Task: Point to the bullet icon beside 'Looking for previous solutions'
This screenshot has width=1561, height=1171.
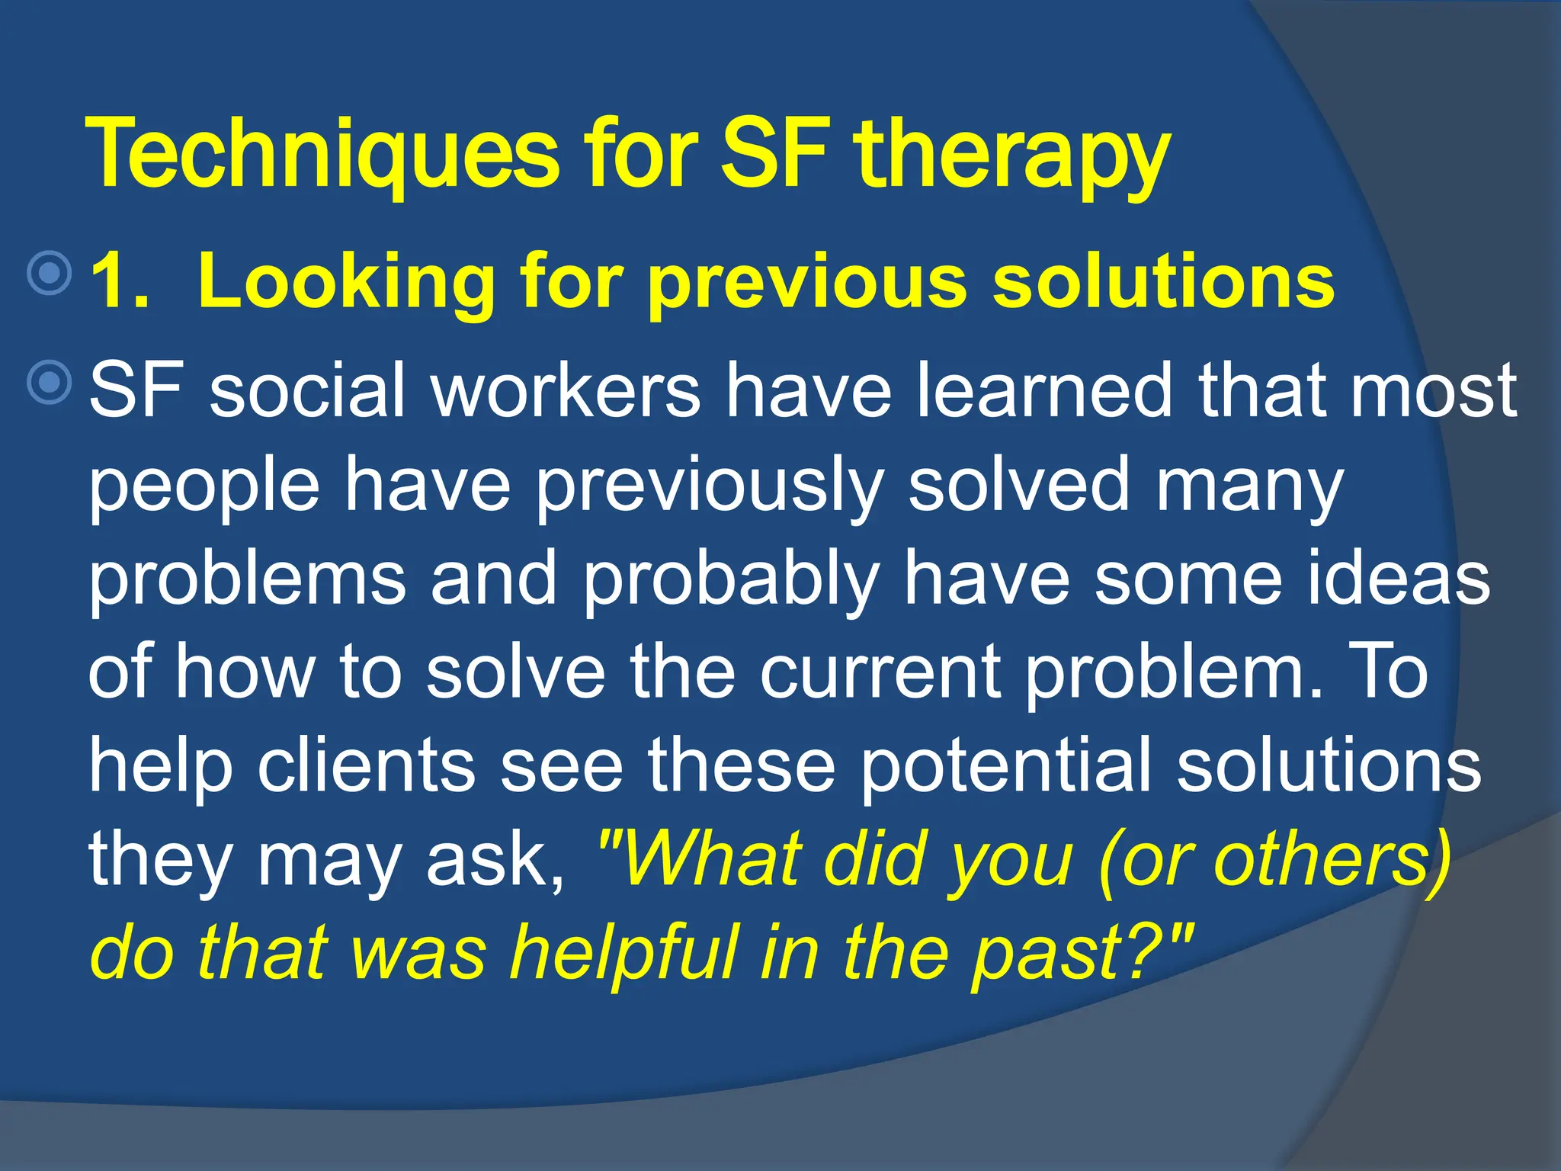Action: pyautogui.click(x=50, y=272)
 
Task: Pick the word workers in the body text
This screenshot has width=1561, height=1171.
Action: pyautogui.click(x=566, y=390)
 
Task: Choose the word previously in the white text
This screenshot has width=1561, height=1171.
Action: pyautogui.click(x=709, y=485)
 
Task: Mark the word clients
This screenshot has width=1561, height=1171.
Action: pyautogui.click(x=365, y=765)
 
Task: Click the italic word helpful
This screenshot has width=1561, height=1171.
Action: pyautogui.click(x=624, y=953)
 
